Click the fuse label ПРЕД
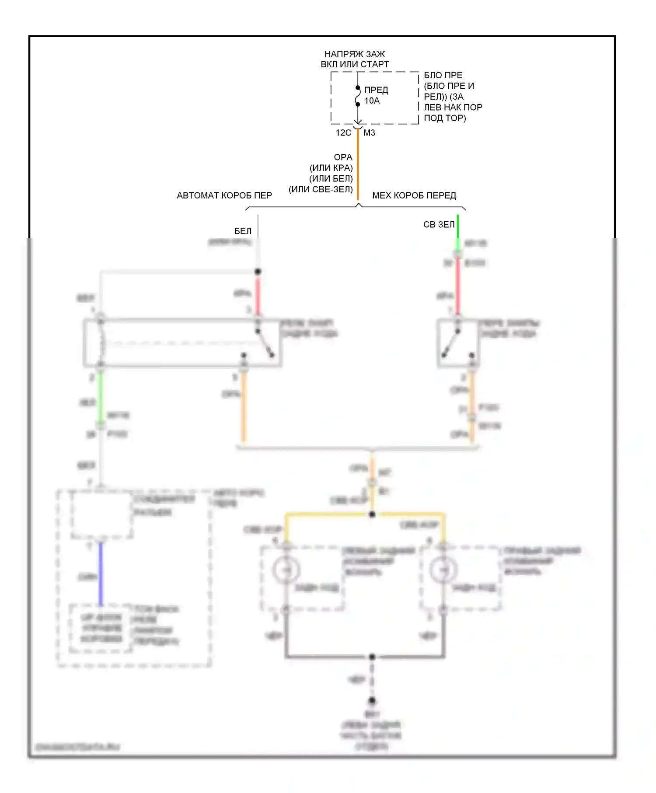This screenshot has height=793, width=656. [376, 90]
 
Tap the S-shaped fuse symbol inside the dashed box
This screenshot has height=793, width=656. [357, 96]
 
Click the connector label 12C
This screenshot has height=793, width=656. [343, 133]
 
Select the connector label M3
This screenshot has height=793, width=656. [369, 133]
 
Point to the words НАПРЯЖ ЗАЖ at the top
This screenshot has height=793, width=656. [355, 54]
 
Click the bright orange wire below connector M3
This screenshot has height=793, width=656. [358, 166]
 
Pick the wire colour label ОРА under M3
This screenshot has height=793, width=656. [343, 157]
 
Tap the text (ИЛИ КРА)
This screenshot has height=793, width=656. [331, 168]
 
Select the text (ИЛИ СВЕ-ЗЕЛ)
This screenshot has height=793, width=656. [321, 189]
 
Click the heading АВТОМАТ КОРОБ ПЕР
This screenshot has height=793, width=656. [224, 195]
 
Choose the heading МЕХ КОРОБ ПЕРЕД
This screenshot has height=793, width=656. [414, 195]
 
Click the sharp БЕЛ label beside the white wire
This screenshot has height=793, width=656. [243, 231]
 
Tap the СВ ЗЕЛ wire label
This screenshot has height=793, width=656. [439, 225]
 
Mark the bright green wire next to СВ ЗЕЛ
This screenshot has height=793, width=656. [458, 226]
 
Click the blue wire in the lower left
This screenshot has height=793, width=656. [101, 573]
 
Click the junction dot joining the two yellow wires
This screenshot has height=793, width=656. [372, 514]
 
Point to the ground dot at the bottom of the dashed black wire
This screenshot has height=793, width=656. [372, 701]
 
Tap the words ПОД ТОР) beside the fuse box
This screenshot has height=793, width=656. [445, 118]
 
